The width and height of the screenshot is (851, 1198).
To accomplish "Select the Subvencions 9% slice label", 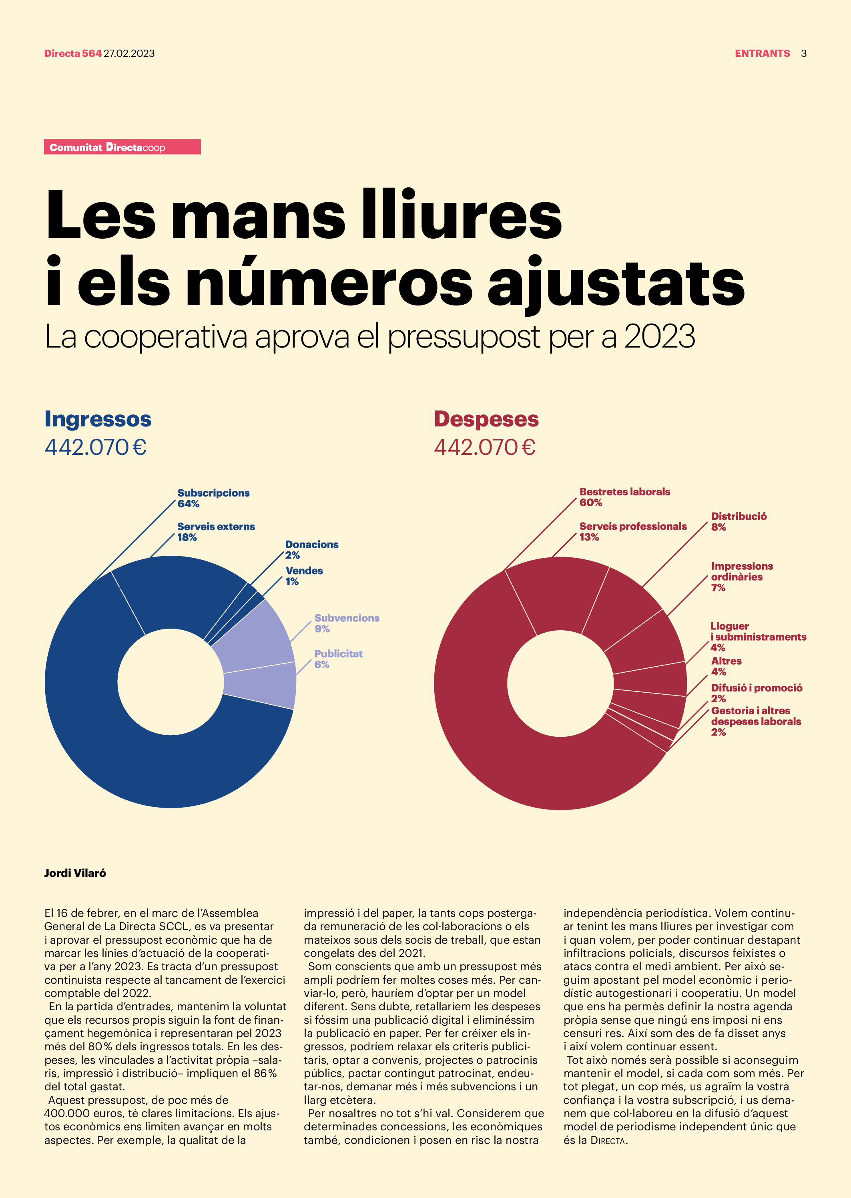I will click(346, 623).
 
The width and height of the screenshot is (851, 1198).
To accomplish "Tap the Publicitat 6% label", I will click(338, 659).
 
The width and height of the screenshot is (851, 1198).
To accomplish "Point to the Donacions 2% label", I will click(311, 550).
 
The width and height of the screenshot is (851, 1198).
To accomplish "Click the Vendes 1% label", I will click(304, 576).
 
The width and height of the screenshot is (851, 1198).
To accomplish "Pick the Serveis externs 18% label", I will click(216, 532).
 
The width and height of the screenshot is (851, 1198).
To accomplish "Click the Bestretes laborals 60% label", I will click(624, 497).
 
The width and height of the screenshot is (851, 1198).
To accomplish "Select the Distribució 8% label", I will click(739, 521).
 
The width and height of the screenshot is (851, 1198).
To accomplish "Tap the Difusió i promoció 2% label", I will click(756, 693).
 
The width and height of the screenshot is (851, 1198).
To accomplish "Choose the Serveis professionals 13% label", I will click(632, 531).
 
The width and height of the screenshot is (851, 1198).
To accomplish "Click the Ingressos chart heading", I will click(98, 419).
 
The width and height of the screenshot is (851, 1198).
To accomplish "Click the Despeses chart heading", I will click(486, 419).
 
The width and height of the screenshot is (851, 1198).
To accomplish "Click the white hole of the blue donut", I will click(170, 682).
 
